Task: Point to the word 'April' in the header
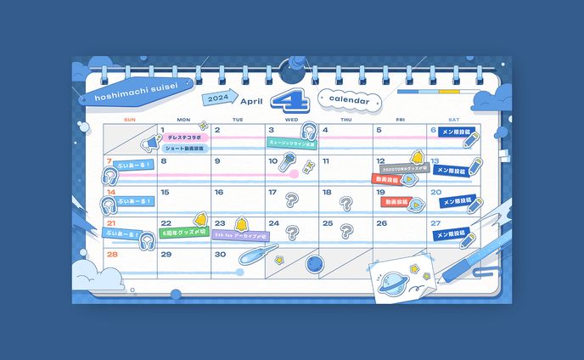[x=251, y=100]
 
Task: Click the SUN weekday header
[x=129, y=120]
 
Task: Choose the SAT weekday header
[x=453, y=120]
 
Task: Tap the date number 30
[x=220, y=254]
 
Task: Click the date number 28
[x=112, y=254]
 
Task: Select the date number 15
[x=166, y=193]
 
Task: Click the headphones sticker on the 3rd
[x=306, y=132]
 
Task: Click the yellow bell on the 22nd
[x=201, y=221]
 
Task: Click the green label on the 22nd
[x=183, y=233]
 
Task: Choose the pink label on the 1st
[x=183, y=137]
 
